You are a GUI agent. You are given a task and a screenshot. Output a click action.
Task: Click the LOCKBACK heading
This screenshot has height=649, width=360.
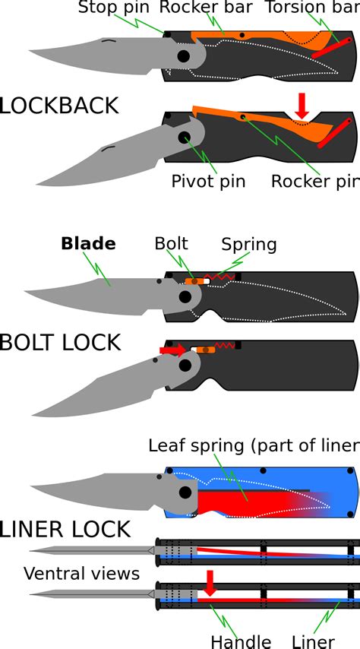(59, 105)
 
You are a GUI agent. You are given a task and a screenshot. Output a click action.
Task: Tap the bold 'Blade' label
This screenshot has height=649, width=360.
(88, 244)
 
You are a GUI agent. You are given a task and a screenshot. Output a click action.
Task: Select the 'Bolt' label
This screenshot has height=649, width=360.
(172, 244)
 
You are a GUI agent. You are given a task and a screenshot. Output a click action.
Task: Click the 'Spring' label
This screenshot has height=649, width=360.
(249, 245)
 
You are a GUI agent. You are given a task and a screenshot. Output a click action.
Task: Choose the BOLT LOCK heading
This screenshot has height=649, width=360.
(61, 343)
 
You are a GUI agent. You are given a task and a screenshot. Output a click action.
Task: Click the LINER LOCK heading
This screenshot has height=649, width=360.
(66, 529)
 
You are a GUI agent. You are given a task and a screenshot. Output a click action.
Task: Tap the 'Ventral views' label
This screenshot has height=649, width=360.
(81, 573)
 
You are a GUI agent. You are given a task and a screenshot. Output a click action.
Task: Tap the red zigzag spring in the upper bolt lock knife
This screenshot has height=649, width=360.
(223, 277)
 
